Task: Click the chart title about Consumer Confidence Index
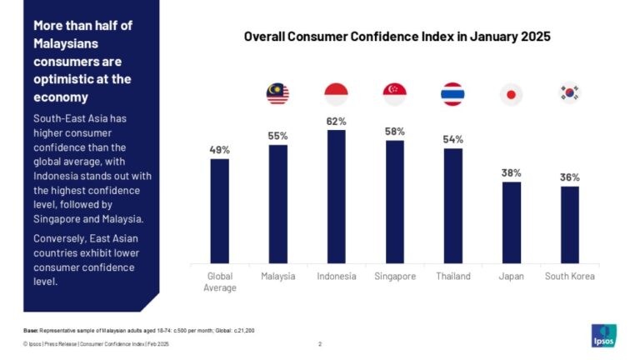pyautogui.click(x=397, y=37)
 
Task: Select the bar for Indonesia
pyautogui.click(x=336, y=196)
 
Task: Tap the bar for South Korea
pyautogui.click(x=569, y=224)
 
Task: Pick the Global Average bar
pyautogui.click(x=219, y=211)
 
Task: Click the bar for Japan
pyautogui.click(x=511, y=222)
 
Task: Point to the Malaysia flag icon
pyautogui.click(x=277, y=94)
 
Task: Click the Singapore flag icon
pyautogui.click(x=394, y=94)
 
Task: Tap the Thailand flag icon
pyautogui.click(x=452, y=94)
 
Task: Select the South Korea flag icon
pyautogui.click(x=569, y=93)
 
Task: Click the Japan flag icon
pyautogui.click(x=511, y=94)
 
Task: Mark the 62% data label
pyautogui.click(x=336, y=122)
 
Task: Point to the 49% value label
pyautogui.click(x=219, y=150)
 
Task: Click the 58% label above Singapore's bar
pyautogui.click(x=394, y=132)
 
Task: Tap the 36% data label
pyautogui.click(x=569, y=177)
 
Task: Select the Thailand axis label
pyautogui.click(x=452, y=277)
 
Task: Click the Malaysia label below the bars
pyautogui.click(x=277, y=277)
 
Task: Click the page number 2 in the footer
pyautogui.click(x=320, y=343)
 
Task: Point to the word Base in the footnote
pyautogui.click(x=31, y=331)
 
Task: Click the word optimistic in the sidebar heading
pyautogui.click(x=63, y=79)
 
